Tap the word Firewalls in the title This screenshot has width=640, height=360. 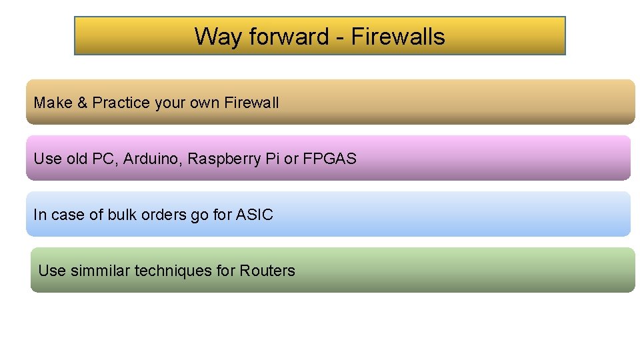pos(397,36)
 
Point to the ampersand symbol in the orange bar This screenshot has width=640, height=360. pos(82,103)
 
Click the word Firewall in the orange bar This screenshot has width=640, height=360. pos(251,103)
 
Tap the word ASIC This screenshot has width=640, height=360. pos(255,215)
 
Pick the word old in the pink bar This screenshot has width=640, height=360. pos(77,159)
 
